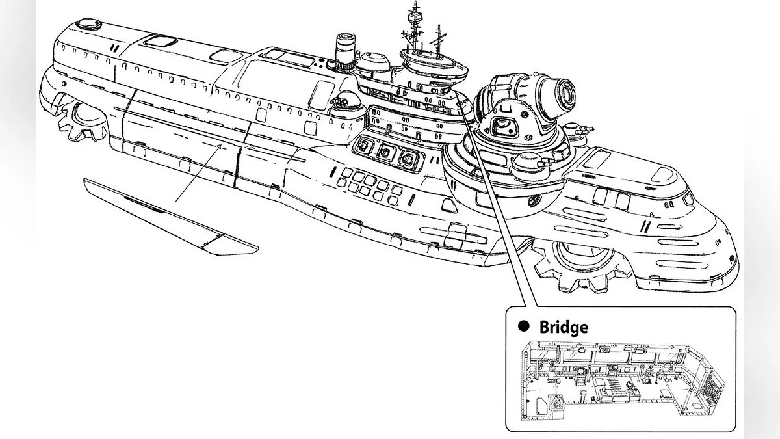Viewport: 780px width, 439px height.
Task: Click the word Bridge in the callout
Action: tap(564, 326)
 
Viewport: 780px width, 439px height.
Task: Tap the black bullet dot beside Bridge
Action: tap(524, 326)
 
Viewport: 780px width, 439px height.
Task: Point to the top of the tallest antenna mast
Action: tap(415, 2)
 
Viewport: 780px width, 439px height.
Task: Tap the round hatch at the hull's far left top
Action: tap(88, 25)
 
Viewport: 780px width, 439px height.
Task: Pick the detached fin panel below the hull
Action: tap(170, 217)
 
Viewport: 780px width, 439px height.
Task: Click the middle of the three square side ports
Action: tap(385, 152)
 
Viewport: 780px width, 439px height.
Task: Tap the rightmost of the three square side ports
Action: tap(408, 159)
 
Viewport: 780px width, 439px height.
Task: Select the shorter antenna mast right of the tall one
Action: tap(438, 40)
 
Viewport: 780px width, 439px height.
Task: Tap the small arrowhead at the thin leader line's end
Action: tap(220, 147)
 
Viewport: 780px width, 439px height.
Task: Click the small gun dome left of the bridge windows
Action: tap(343, 104)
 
